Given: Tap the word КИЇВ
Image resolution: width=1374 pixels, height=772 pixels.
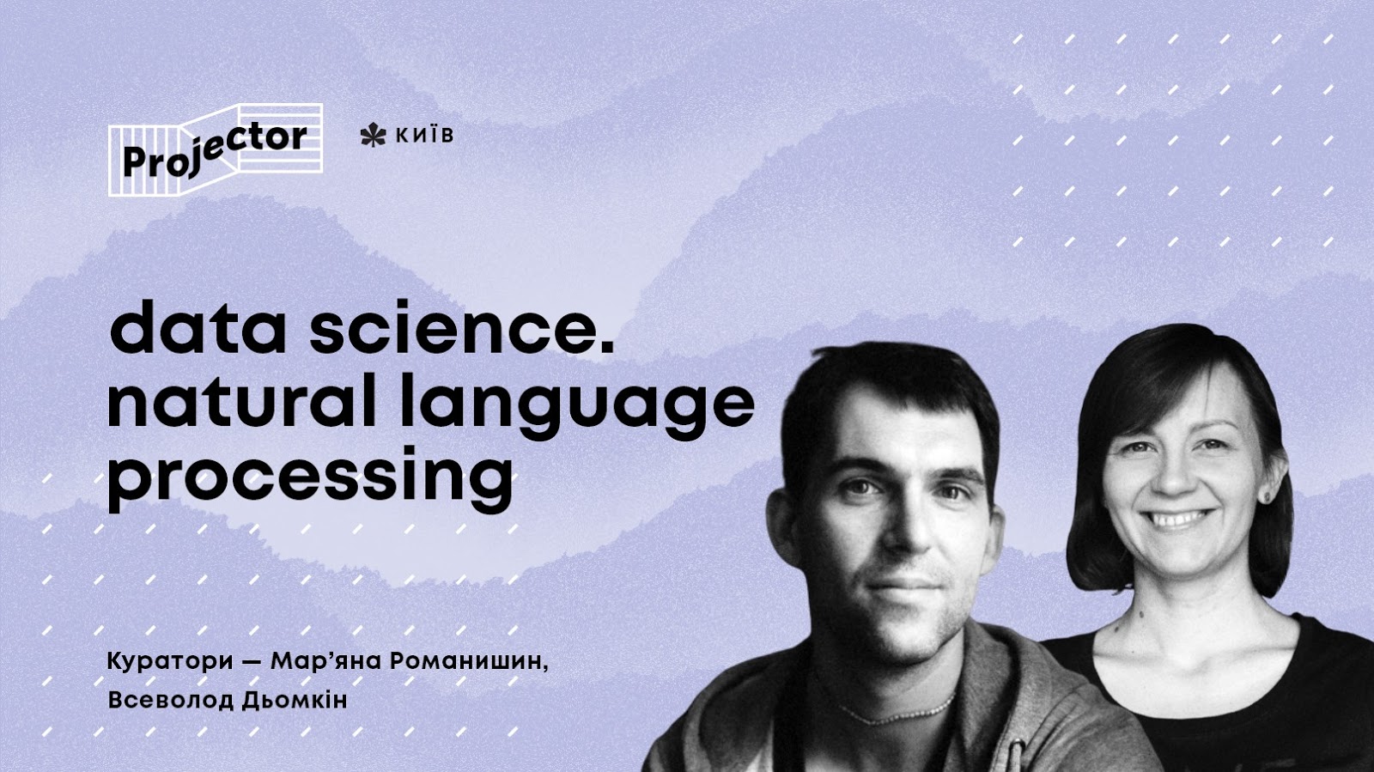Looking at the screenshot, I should (423, 136).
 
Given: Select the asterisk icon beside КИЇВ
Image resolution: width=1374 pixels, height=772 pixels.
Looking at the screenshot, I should (373, 136).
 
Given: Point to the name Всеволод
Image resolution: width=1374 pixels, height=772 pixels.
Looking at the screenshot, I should (162, 700).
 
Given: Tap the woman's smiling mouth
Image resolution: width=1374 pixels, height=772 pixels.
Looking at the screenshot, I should (1178, 520).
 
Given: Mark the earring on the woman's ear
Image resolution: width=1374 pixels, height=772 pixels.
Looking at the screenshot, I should (1265, 495).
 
